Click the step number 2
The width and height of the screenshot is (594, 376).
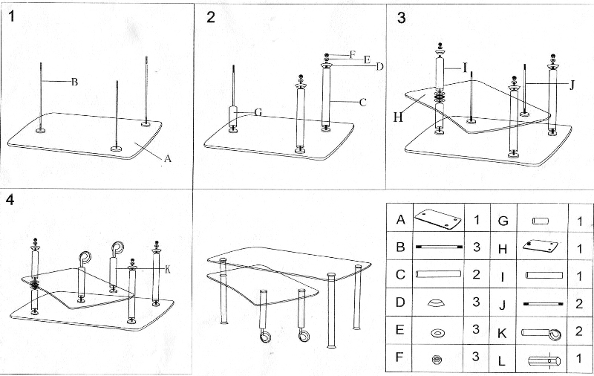tap(211, 17)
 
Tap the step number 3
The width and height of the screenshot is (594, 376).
tap(402, 17)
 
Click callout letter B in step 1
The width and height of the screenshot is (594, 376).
tap(74, 82)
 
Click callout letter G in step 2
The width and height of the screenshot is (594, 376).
tap(258, 112)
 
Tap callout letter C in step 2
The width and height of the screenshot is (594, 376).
tap(363, 103)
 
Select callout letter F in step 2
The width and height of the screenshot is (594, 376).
tap(353, 55)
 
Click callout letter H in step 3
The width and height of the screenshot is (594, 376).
tap(397, 116)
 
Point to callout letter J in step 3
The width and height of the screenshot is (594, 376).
tap(572, 85)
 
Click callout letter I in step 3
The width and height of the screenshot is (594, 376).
tap(465, 68)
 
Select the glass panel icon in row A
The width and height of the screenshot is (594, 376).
tap(437, 220)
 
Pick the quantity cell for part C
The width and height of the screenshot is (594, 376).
tap(476, 275)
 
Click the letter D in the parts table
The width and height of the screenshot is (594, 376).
tap(400, 303)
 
